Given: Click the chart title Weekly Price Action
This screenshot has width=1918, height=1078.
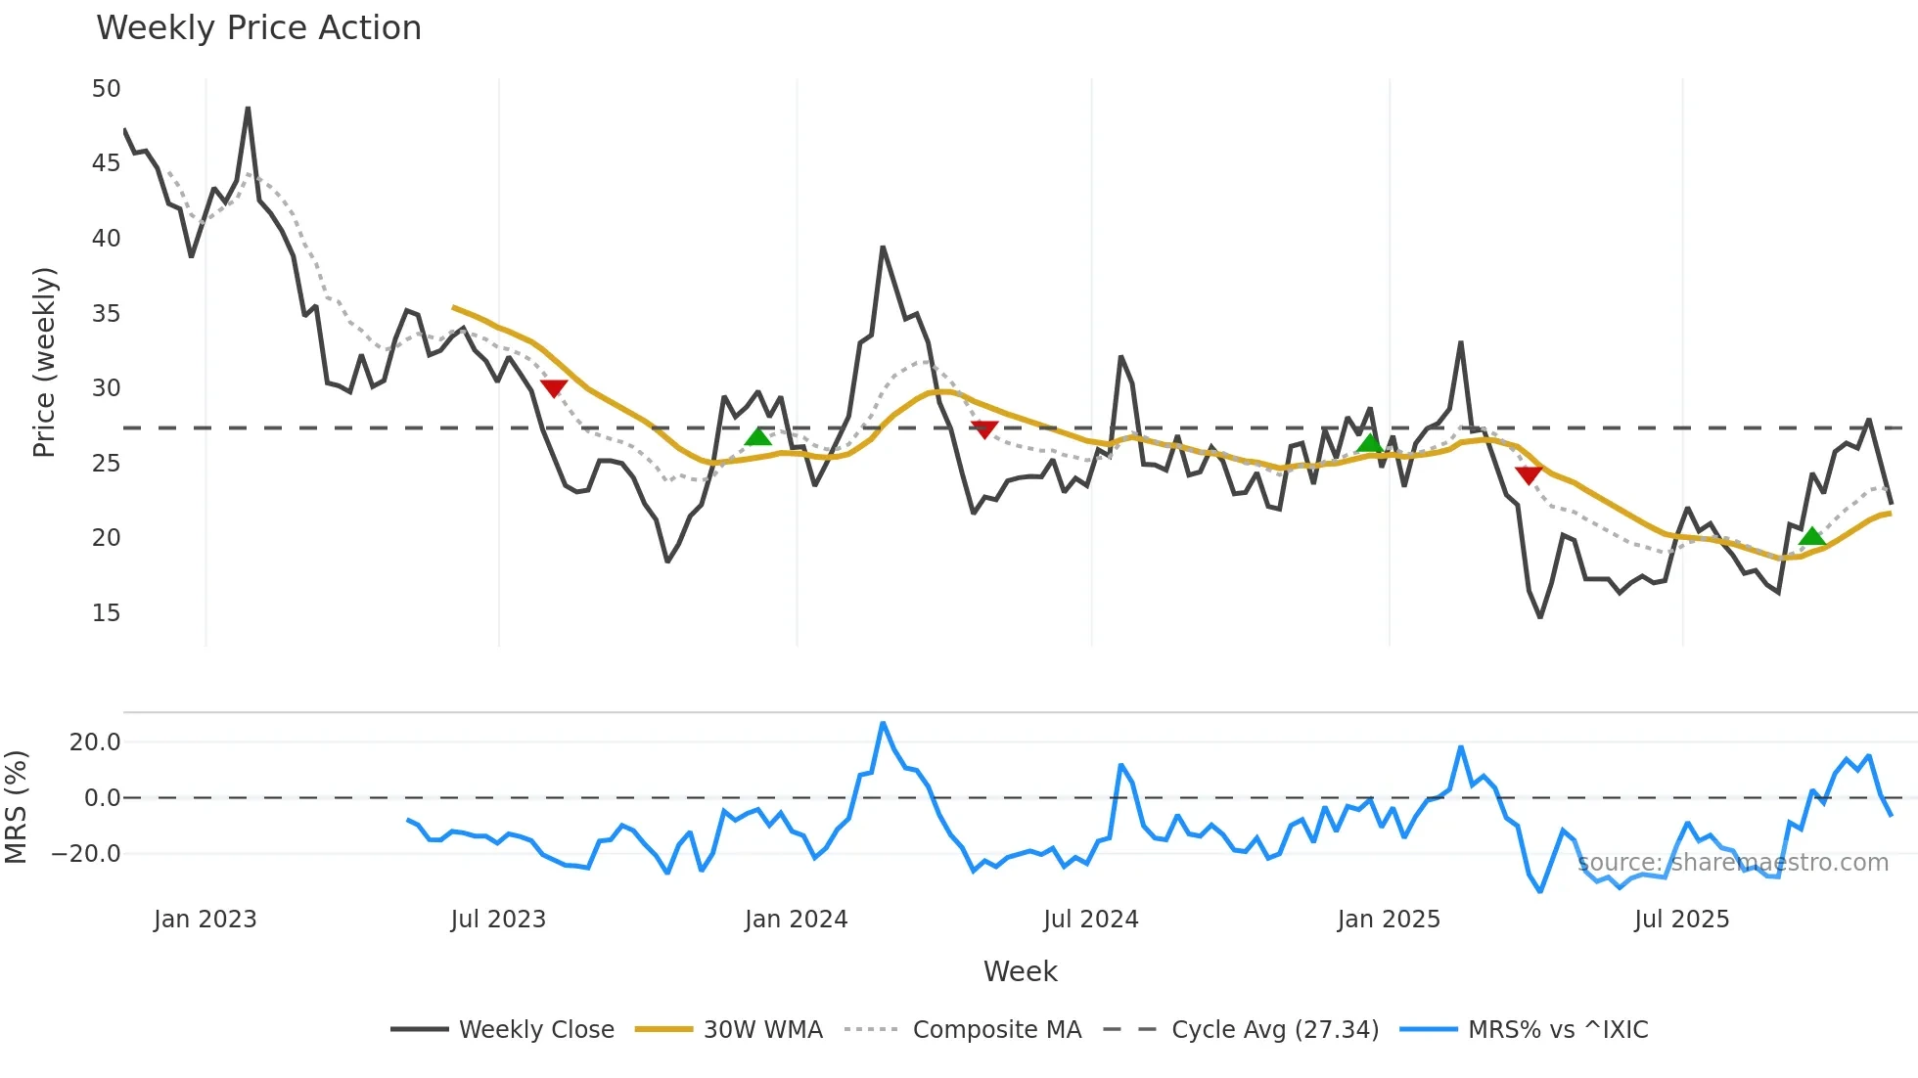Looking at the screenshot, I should point(258,27).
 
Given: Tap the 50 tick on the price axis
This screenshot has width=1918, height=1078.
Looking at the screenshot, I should point(106,89).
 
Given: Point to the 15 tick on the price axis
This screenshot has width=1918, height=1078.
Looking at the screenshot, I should point(106,613).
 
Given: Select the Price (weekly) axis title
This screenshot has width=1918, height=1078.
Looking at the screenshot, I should point(44,362).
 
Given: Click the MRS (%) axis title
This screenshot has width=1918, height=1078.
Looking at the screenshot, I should point(16,807).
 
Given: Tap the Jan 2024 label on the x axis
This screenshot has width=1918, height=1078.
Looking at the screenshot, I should point(796,920).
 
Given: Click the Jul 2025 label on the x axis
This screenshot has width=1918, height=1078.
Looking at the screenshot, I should point(1681,920).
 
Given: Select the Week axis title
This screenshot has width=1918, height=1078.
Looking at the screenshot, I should point(1020,971).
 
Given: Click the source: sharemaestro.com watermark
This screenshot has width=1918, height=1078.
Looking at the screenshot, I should point(1732,863).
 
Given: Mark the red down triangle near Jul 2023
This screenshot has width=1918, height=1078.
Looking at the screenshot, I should point(554,388).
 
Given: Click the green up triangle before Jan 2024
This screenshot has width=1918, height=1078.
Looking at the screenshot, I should point(758,436).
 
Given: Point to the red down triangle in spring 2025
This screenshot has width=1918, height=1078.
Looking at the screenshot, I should point(1529,475).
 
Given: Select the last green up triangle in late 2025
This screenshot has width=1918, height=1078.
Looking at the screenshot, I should point(1812,536).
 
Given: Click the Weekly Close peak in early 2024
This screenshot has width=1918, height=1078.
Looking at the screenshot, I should point(883,247).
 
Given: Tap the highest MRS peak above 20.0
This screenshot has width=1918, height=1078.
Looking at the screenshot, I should point(883,723).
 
